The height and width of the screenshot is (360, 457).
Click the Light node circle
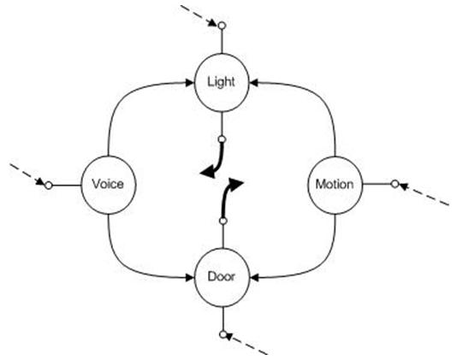click(222, 82)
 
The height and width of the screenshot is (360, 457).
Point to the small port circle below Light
click(222, 138)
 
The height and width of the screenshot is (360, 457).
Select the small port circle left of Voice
click(49, 184)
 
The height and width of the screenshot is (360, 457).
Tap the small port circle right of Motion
click(395, 183)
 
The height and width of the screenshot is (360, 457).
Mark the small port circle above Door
click(222, 221)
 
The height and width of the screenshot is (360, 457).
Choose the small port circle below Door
click(222, 333)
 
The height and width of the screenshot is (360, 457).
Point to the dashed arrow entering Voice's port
click(26, 173)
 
